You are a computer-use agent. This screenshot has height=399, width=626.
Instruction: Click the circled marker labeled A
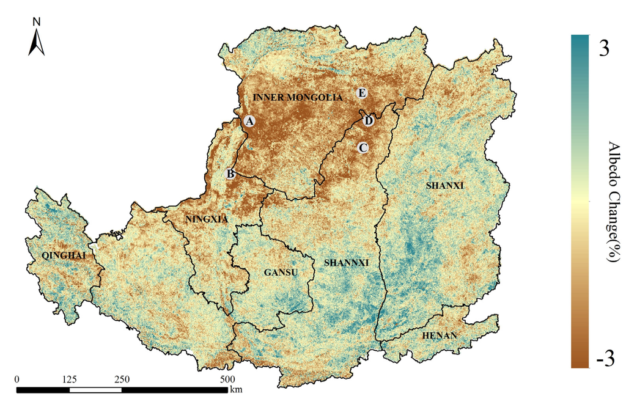[249, 121]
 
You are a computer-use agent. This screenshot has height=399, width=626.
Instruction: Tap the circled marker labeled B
[230, 174]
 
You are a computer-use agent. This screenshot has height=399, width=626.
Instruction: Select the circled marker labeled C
[363, 147]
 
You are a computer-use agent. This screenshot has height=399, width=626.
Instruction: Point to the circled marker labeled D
[368, 121]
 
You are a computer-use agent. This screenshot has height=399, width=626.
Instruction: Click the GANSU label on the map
[281, 273]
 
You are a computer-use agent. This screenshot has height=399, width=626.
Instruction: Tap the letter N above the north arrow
[37, 22]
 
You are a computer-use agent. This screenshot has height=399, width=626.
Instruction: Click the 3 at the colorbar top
[603, 48]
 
